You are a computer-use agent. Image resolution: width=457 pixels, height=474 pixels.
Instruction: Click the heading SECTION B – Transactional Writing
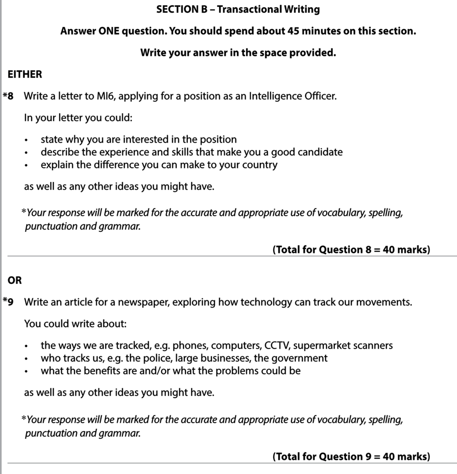tap(238, 9)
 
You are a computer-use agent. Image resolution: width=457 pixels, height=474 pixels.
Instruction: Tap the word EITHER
tap(25, 74)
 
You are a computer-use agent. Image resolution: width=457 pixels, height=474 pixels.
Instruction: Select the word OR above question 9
tap(15, 280)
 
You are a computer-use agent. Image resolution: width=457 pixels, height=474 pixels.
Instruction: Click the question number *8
tap(9, 96)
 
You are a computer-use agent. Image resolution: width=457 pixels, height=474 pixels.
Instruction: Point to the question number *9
tap(9, 302)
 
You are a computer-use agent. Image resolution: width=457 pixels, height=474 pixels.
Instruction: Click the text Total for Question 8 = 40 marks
tap(351, 250)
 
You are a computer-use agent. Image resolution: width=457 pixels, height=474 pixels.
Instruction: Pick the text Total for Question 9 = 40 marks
tap(351, 456)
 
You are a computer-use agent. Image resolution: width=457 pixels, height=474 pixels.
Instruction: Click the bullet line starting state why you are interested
tap(138, 139)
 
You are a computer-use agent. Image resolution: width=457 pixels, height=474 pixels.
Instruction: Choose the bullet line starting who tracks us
tap(184, 358)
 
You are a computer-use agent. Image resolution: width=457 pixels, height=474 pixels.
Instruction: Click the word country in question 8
tap(260, 165)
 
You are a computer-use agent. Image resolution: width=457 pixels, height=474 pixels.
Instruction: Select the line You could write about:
tap(75, 324)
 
